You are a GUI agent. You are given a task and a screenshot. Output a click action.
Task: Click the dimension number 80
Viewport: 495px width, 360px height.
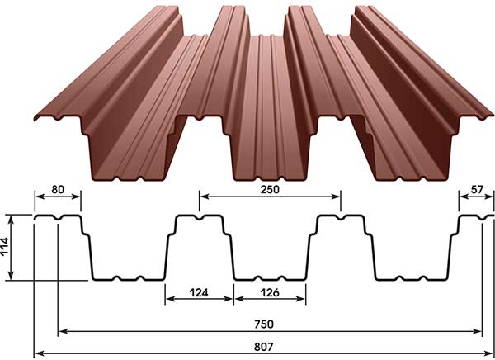(x=58, y=189)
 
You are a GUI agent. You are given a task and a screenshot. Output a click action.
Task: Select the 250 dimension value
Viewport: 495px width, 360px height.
(x=270, y=189)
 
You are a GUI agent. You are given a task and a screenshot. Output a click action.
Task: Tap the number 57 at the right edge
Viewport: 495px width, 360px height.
(x=477, y=189)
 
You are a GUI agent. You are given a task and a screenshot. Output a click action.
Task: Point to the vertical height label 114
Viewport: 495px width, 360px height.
(x=5, y=247)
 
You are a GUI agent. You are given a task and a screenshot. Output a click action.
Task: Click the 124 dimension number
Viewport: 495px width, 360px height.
(x=199, y=292)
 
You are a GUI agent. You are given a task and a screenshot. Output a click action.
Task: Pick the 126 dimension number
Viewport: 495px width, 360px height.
(x=270, y=292)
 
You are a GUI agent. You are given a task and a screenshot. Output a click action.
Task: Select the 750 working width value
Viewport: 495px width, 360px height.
(x=264, y=324)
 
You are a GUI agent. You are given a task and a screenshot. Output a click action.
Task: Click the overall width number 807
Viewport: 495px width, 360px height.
(x=264, y=347)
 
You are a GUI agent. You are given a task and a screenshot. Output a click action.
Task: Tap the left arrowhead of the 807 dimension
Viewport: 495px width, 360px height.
(x=39, y=353)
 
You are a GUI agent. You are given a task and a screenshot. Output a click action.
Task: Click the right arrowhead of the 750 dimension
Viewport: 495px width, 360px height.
(x=478, y=331)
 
